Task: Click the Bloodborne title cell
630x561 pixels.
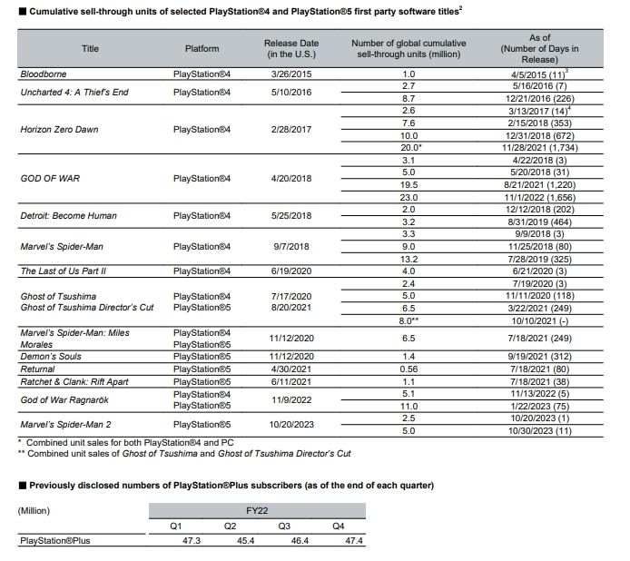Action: point(44,73)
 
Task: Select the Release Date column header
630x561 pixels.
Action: point(291,47)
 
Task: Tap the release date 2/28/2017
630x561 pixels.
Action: point(291,130)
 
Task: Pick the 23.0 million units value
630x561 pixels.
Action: point(408,197)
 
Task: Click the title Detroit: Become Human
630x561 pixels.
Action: point(68,216)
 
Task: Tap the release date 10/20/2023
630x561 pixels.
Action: point(291,424)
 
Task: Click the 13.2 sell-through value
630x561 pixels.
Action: point(408,259)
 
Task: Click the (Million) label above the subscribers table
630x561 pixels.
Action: point(34,510)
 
